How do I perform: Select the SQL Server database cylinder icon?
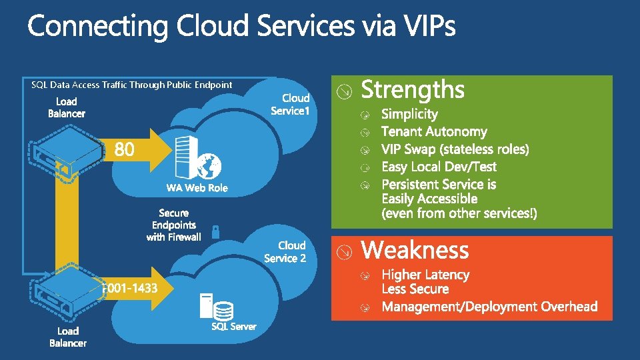coord(224,310)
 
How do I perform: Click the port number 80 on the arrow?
coord(125,150)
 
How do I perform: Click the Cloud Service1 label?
coord(291,105)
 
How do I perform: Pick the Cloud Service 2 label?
coord(285,252)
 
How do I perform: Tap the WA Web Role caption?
coord(197,188)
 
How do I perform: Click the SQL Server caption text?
coord(233,326)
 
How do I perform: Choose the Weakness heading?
coord(415,251)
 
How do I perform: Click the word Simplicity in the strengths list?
coord(409,114)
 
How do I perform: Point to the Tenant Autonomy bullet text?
coord(434,131)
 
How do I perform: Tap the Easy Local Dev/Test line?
coord(439,167)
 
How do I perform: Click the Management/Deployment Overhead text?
coord(489,307)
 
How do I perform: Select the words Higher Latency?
coord(425,275)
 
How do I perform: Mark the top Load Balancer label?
coord(67,107)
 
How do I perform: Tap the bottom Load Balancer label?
coord(68,337)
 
